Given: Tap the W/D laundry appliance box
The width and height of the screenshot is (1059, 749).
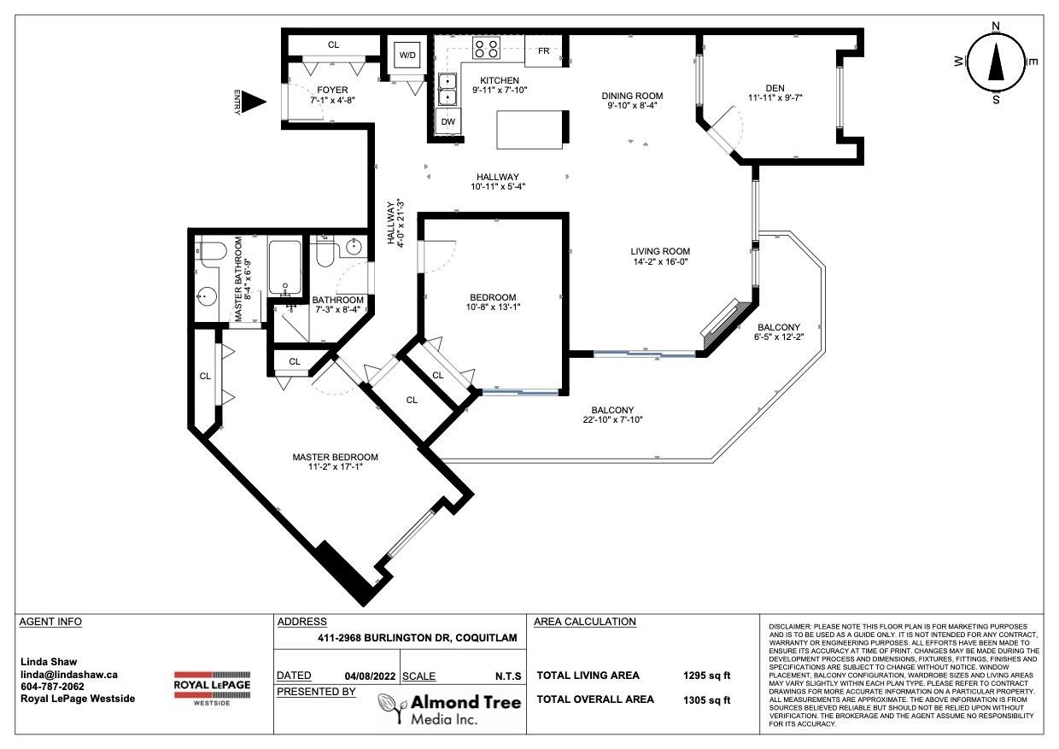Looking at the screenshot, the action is tap(407, 55).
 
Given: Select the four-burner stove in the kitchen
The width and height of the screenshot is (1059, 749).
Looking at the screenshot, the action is tap(486, 48).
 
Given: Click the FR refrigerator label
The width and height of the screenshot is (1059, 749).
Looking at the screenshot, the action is tap(544, 50).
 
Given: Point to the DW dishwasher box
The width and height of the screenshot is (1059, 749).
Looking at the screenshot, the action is tap(448, 121).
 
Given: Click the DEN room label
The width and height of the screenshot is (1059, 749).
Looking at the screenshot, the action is tap(775, 88).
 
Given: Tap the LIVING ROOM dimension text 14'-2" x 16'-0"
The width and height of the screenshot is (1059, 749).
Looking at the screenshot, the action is tap(660, 261).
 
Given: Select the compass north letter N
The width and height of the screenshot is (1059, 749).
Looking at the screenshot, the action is tap(995, 26).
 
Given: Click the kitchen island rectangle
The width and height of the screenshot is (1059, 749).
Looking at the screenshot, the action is tap(529, 130).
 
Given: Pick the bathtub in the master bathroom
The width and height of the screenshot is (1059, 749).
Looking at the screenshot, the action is tap(284, 267).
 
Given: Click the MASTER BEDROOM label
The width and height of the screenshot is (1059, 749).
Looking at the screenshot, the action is tap(335, 457).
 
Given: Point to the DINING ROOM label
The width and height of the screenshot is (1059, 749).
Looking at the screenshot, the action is tap(632, 96).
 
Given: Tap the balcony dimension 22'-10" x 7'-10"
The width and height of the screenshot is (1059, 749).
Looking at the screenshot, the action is tap(612, 419).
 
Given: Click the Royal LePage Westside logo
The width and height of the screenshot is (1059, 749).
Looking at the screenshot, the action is tap(213, 688).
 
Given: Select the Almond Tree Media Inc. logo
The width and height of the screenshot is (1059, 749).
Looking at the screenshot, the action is tap(450, 709).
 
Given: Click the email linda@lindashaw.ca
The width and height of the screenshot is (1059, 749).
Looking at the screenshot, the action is tap(69, 675).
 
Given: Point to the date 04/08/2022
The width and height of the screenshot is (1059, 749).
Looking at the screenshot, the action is tap(370, 676).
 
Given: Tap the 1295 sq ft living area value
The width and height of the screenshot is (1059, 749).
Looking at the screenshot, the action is tap(707, 676).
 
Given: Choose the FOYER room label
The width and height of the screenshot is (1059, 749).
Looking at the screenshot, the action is tap(332, 90).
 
